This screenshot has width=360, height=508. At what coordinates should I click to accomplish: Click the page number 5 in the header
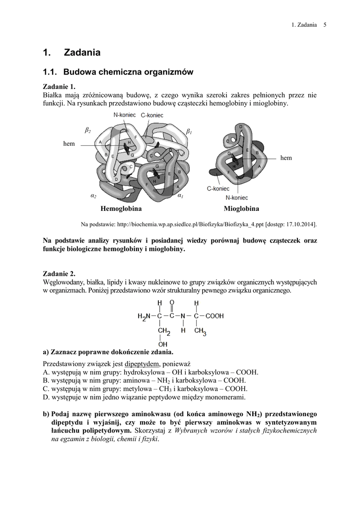[x=324, y=25]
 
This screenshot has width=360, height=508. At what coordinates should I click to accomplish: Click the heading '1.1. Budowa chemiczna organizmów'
[x=118, y=72]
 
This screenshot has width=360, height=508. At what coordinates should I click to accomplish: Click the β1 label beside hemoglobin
[x=189, y=131]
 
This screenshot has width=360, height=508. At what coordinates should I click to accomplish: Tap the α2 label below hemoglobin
[x=93, y=196]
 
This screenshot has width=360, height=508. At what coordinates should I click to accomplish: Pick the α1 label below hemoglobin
[x=180, y=196]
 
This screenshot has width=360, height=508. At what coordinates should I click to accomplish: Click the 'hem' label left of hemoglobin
[x=69, y=143]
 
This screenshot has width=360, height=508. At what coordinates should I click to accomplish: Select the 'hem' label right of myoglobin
[x=286, y=158]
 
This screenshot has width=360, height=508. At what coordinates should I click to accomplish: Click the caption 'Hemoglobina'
[x=121, y=209]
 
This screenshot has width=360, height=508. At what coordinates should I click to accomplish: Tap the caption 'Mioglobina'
[x=241, y=209]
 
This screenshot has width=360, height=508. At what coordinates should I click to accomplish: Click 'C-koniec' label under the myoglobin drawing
[x=218, y=189]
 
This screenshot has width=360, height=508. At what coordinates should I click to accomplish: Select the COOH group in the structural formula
[x=214, y=315]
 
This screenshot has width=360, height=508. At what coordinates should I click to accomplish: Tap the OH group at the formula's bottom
[x=162, y=344]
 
